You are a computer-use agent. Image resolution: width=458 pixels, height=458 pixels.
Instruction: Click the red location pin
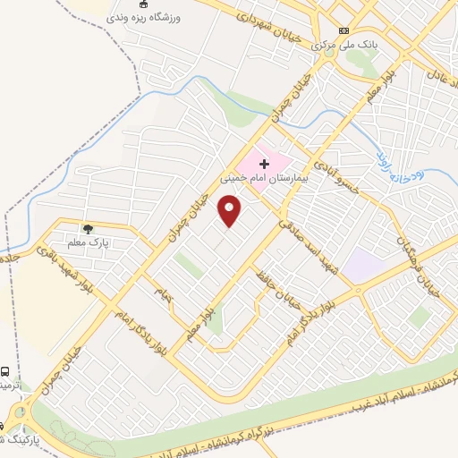[231, 211]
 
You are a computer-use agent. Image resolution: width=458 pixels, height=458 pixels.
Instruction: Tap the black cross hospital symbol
[264, 164]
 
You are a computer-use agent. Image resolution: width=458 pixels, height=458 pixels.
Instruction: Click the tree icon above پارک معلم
[88, 229]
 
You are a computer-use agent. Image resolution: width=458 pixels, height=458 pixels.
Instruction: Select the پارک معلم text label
[88, 242]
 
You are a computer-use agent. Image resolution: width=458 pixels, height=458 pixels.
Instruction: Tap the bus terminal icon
[6, 370]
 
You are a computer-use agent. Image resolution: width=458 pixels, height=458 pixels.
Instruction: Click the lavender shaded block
[363, 265]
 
